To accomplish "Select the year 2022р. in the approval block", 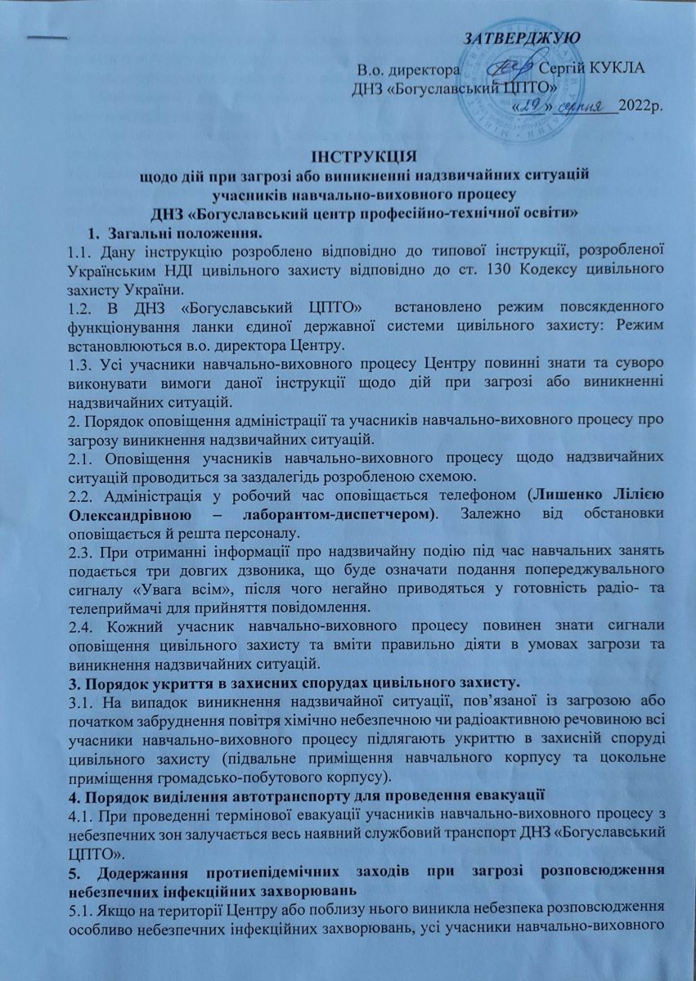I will [x=643, y=107].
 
